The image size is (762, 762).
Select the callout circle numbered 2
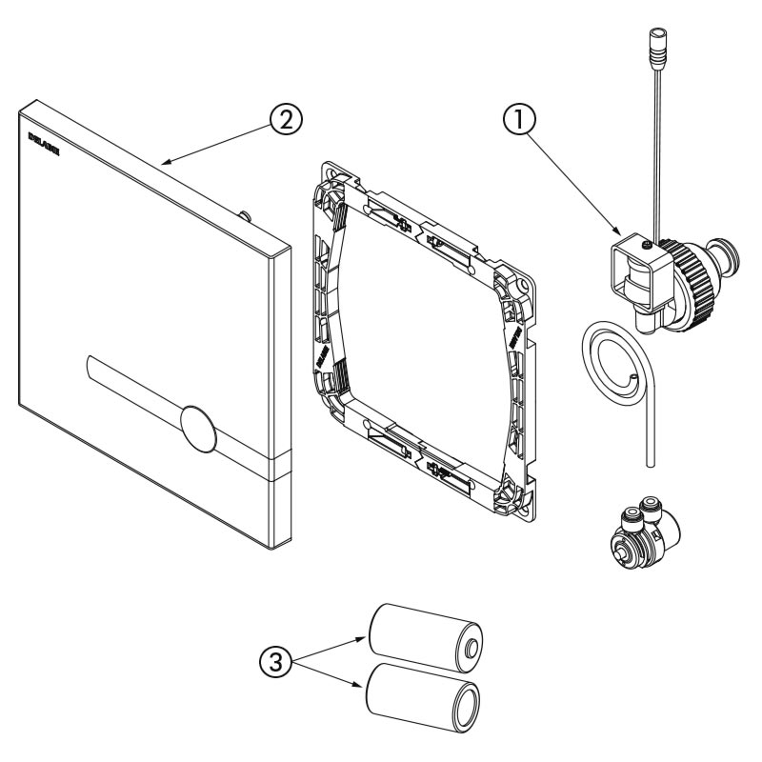[x=286, y=120]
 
